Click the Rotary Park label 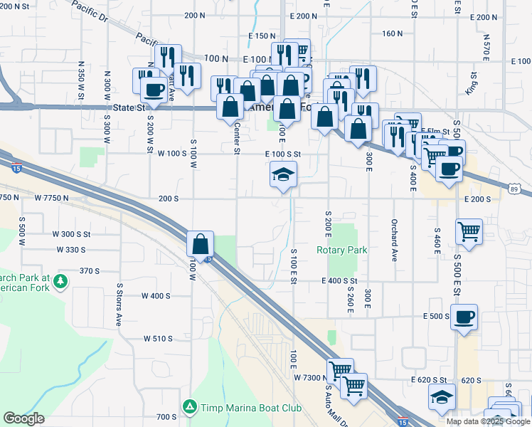click(x=341, y=250)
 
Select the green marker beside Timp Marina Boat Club click(x=189, y=408)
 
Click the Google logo click(x=23, y=418)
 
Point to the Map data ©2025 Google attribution click(x=488, y=421)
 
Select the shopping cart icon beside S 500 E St click(x=469, y=230)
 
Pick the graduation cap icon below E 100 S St click(x=283, y=174)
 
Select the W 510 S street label click(x=158, y=339)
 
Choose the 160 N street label click(x=392, y=33)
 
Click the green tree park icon click(x=60, y=281)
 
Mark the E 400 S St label click(x=339, y=282)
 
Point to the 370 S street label click(x=90, y=270)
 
